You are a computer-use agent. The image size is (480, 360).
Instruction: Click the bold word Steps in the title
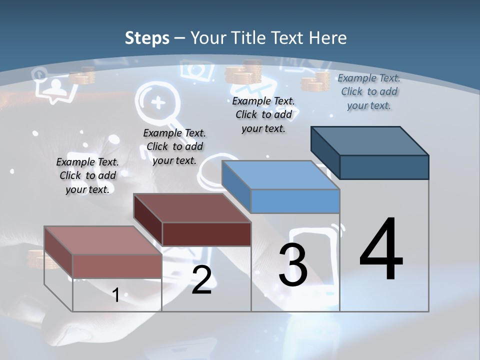coord(146,38)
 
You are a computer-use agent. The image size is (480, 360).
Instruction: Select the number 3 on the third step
coord(293,265)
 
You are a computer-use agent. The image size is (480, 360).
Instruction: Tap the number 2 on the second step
coord(201,280)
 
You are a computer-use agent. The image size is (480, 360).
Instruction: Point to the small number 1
coord(115,295)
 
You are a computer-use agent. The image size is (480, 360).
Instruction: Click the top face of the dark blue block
coord(370,140)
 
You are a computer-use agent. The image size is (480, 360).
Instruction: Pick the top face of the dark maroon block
coord(192,207)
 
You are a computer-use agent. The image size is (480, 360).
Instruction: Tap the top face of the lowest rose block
coord(103,240)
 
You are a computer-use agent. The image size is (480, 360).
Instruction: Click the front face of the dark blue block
coord(384,167)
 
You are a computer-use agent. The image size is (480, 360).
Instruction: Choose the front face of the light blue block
coord(295,201)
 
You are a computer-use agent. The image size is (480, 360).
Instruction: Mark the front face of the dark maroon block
coord(206,234)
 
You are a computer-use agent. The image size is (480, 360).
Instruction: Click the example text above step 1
coord(87,175)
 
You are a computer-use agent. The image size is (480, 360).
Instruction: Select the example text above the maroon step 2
coord(174,146)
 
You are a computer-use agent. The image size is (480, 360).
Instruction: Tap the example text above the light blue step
coord(263,114)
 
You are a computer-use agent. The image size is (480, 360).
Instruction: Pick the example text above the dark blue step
coord(369,91)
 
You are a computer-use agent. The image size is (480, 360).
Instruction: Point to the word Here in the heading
coord(329,38)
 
